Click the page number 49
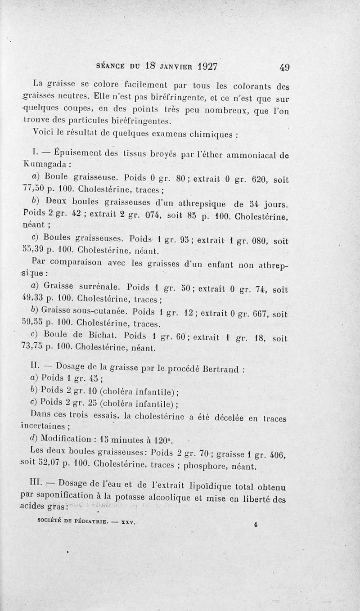[x=284, y=67]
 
